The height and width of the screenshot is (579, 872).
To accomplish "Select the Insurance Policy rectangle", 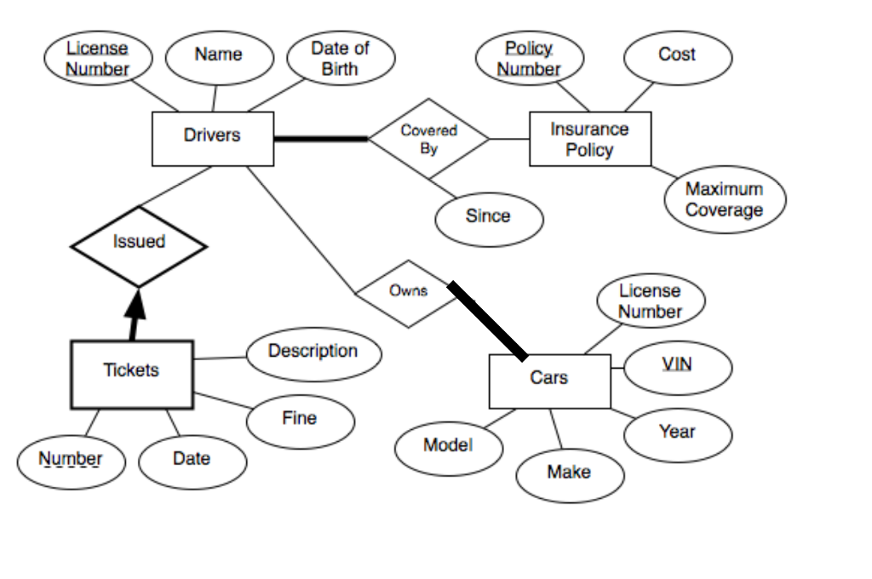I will click(x=589, y=139).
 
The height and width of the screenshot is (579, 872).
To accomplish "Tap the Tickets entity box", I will click(x=131, y=373).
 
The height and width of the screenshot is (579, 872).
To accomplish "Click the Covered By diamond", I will click(x=428, y=139).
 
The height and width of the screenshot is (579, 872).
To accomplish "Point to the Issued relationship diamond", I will click(x=138, y=245).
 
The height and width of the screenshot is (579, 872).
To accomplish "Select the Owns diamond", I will click(x=407, y=293).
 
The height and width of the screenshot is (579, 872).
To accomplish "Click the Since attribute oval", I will click(x=488, y=218).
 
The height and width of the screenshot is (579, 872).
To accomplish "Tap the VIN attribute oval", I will click(x=677, y=366).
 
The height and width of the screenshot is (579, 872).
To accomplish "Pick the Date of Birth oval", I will click(x=340, y=59).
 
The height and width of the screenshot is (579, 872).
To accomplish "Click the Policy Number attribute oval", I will click(x=529, y=59).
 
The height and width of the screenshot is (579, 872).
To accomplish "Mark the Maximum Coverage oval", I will click(x=724, y=200).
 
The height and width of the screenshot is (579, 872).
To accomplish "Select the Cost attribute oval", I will click(x=677, y=56).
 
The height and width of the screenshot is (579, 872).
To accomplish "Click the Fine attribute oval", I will click(x=299, y=420).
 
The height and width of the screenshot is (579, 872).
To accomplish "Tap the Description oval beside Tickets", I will click(x=313, y=353).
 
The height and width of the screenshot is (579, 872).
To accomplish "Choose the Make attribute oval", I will click(x=570, y=473).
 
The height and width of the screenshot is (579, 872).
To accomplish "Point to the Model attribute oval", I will click(x=448, y=446).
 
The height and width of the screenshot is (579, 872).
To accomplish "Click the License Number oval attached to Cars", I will click(x=650, y=301).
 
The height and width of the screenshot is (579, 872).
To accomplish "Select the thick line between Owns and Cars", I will click(x=488, y=321).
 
